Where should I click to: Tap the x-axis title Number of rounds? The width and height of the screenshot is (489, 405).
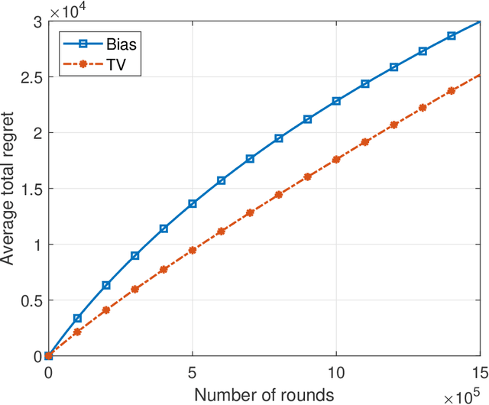pos(264,394)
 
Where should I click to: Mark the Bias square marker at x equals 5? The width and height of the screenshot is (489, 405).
pos(193,203)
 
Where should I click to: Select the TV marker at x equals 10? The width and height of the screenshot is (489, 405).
pos(336,159)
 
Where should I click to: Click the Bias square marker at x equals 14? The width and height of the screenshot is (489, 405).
pos(452,36)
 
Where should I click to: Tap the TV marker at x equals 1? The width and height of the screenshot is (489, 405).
pos(77,332)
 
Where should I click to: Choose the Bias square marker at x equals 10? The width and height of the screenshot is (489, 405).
pos(336,101)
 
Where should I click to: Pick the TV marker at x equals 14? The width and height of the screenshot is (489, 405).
pos(452,90)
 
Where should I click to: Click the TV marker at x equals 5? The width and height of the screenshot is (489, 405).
pos(193,250)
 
